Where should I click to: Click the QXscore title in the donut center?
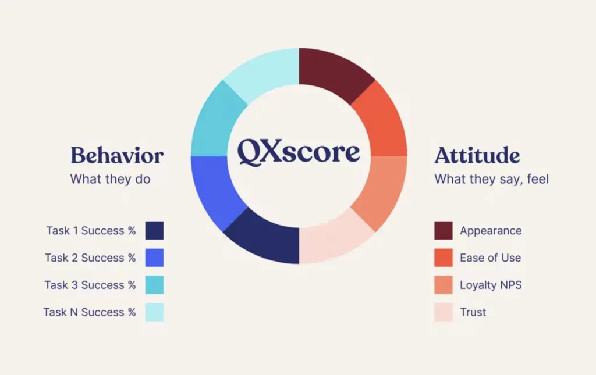tap(298, 152)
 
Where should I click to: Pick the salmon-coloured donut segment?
tap(379, 191)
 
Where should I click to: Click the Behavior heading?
tap(117, 155)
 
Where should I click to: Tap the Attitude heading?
tap(477, 155)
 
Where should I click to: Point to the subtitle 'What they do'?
tap(110, 179)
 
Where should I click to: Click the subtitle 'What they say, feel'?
tap(491, 179)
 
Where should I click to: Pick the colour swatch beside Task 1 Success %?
tap(154, 230)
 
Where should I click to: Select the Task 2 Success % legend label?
tap(90, 258)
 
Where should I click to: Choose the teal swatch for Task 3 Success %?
tap(154, 285)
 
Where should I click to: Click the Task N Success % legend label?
tap(90, 312)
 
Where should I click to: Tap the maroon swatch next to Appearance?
tap(444, 230)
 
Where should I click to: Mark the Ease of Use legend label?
tap(490, 258)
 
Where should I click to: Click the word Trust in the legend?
tap(473, 312)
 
